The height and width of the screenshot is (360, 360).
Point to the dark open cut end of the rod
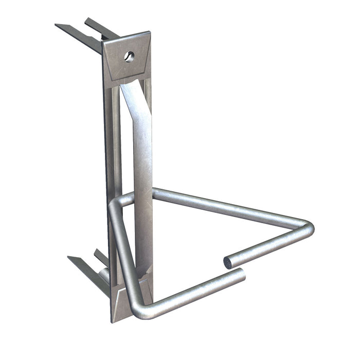[227, 263]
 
